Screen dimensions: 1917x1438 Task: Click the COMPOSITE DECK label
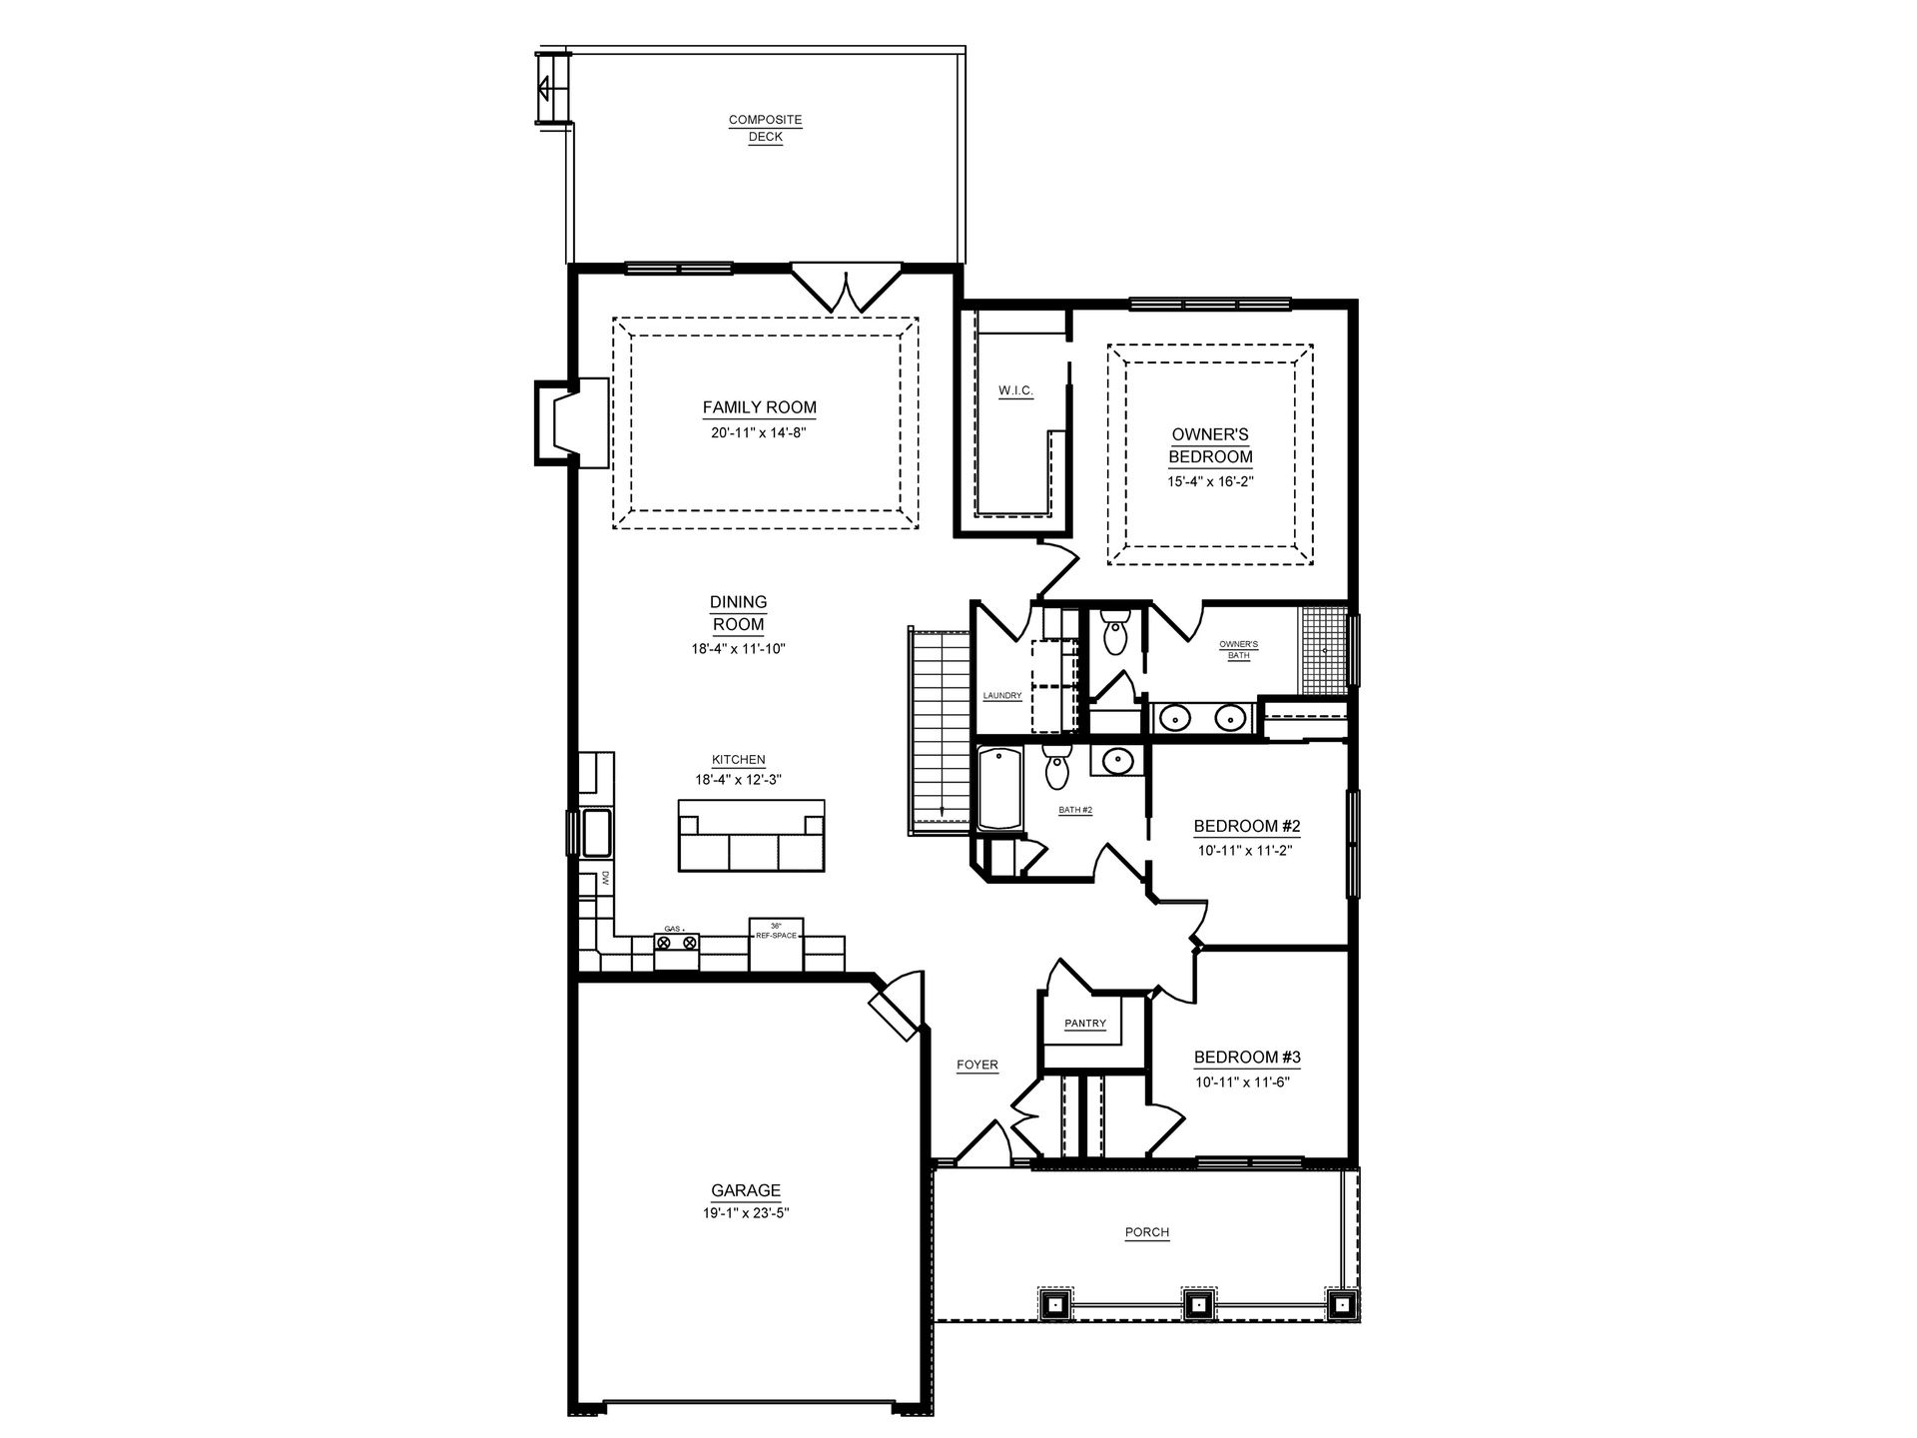pos(766,129)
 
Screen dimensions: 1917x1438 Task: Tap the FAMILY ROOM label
pos(760,407)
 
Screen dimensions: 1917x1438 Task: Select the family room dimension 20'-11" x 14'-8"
pos(760,433)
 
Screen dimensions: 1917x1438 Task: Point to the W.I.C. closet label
pos(1015,391)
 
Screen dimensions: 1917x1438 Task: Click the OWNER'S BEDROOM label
pos(1211,446)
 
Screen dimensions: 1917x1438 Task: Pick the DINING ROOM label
pos(738,614)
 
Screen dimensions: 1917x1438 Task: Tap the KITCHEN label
pos(739,760)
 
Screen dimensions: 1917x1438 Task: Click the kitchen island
pos(752,835)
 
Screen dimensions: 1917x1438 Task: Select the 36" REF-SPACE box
pos(777,943)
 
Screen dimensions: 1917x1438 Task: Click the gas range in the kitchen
pos(676,949)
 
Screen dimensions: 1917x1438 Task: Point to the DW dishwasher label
pos(605,880)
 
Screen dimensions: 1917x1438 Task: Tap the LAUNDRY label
pos(1001,696)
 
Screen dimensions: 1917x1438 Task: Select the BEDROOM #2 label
pos(1247,826)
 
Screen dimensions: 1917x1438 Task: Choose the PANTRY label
pos(1085,1024)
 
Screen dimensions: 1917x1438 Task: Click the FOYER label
pos(977,1065)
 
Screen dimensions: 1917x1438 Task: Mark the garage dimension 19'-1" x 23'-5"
pos(746,1213)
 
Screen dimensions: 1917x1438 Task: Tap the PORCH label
pos(1147,1232)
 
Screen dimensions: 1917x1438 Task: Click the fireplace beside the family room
pos(571,423)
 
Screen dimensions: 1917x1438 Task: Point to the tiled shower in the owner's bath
pos(1323,649)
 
